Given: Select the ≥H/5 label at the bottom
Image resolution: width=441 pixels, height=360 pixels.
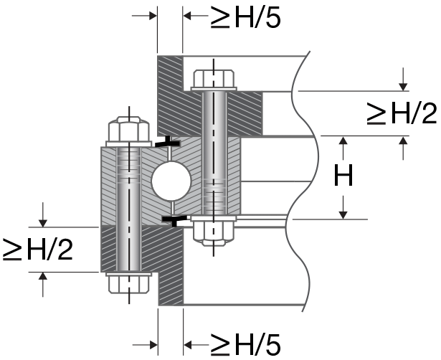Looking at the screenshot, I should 244,343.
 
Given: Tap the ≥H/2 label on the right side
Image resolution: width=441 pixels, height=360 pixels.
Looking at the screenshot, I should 402,113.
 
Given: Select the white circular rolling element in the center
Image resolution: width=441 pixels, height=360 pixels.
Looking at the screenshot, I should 171,179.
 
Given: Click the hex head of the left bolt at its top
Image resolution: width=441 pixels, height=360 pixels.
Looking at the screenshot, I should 128,131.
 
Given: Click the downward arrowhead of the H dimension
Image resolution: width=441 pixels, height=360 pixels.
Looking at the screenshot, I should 344,213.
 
